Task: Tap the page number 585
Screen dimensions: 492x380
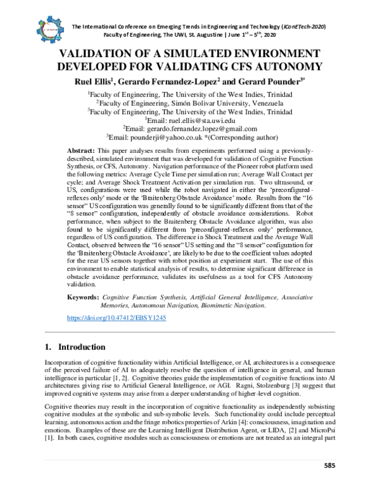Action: click(329, 484)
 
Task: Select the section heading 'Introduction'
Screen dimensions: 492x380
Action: click(82, 347)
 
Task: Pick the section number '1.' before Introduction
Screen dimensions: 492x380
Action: click(48, 347)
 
